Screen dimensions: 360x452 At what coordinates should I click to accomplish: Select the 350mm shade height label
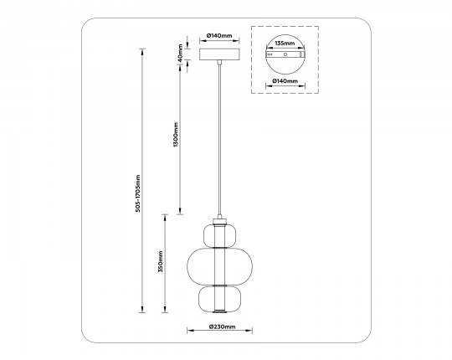coord(160,263)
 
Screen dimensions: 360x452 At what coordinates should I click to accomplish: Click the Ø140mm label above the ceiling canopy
coord(218,37)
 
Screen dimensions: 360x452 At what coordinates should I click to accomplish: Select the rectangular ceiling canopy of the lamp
coord(220,54)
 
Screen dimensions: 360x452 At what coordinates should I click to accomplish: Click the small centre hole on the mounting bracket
coord(286,54)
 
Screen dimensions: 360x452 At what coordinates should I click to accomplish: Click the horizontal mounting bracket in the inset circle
coord(286,54)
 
